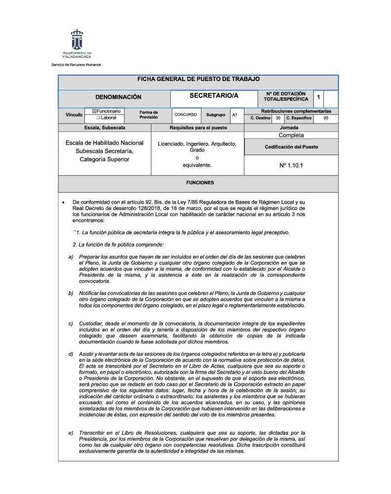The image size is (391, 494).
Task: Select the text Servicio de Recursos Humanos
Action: [x=76, y=65]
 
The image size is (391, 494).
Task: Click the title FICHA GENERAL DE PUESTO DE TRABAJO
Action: [x=198, y=79]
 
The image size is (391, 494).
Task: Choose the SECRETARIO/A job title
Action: [x=213, y=95]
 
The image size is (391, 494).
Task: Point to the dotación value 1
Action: [x=318, y=97]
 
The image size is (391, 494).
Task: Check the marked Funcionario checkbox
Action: [x=94, y=112]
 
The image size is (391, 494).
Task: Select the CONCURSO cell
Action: [x=185, y=115]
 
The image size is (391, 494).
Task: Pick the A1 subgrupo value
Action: [x=235, y=115]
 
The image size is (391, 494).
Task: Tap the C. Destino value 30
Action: [x=278, y=118]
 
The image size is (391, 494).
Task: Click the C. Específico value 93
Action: [x=326, y=118]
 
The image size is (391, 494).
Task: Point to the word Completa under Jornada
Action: [x=291, y=135]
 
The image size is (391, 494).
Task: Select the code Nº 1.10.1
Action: [x=291, y=166]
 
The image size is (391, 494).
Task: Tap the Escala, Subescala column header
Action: [x=105, y=127]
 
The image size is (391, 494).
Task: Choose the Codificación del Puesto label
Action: [x=291, y=147]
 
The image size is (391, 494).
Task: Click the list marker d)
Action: [x=71, y=354]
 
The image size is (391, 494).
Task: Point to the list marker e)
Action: [x=71, y=433]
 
